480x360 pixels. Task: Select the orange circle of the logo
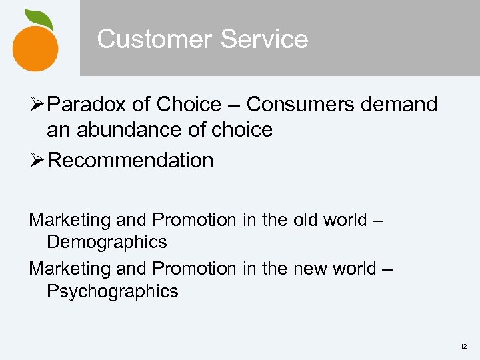[x=35, y=46]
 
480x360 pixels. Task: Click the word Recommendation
[x=131, y=160]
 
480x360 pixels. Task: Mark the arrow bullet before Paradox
[x=37, y=105]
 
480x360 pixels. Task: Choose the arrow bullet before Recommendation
[x=37, y=160]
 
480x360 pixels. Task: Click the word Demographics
[x=107, y=241]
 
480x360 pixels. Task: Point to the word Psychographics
[x=113, y=291]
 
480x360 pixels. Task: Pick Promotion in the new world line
[x=193, y=269]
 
